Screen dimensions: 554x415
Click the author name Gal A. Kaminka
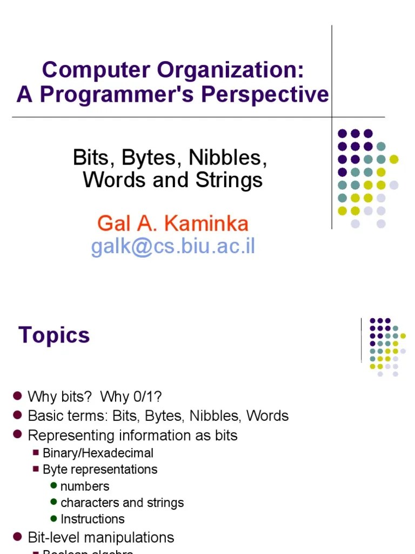click(x=173, y=223)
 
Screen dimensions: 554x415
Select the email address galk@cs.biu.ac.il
click(x=173, y=246)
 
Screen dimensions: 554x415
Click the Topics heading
click(x=54, y=335)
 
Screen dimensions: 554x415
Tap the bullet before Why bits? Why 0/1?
click(x=17, y=396)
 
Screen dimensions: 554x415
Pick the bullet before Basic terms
click(x=17, y=415)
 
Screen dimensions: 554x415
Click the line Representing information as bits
click(x=132, y=435)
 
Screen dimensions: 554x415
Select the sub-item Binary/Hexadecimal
click(x=98, y=453)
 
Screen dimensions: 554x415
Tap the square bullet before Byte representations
click(x=36, y=469)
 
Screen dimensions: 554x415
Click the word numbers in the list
click(x=85, y=486)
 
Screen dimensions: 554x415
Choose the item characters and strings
click(x=122, y=503)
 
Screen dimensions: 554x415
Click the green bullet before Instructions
click(x=53, y=518)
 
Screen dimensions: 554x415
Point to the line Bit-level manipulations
click(x=101, y=537)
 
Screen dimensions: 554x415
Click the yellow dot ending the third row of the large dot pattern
click(x=394, y=159)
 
